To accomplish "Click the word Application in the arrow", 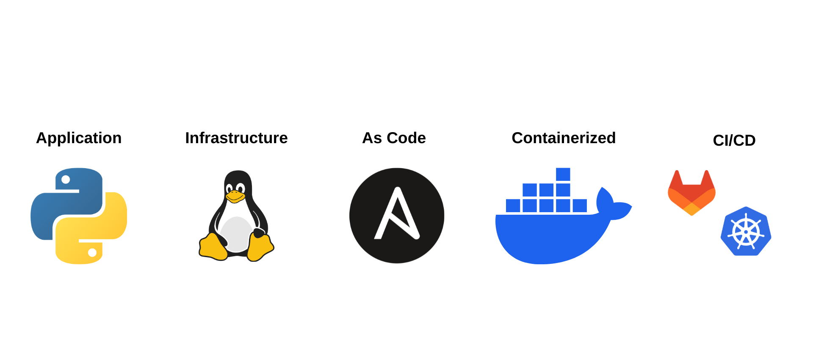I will [79, 138].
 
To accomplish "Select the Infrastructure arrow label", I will [236, 138].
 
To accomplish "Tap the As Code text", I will [394, 138].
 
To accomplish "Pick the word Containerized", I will [564, 138].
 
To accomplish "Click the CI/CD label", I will [734, 140].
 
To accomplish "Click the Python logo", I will [79, 216].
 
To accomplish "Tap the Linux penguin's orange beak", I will [235, 197].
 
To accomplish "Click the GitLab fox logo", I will [691, 193].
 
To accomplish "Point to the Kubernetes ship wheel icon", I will [746, 232].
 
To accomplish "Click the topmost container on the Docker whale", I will [563, 174].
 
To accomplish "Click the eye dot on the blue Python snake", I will [66, 180].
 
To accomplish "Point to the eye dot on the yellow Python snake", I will [92, 253].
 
